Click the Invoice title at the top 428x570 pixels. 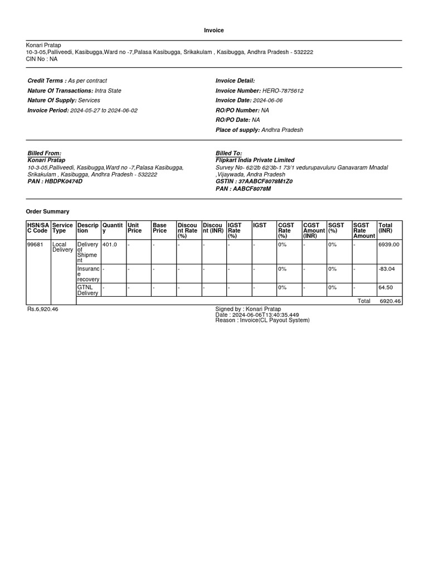(214, 30)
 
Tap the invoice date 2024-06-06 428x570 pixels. (267, 101)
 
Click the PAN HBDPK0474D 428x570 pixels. (55, 181)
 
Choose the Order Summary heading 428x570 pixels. (48, 212)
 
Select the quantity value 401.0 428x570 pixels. (110, 244)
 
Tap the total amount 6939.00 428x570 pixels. (388, 244)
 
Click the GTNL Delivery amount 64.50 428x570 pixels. (385, 287)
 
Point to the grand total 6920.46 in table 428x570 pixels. (390, 301)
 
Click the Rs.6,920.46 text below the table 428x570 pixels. (42, 309)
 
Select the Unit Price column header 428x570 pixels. (134, 228)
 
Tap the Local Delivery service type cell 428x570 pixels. (62, 247)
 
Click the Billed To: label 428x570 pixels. (228, 153)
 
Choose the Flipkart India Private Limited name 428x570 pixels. (255, 160)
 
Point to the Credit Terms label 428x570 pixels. (47, 81)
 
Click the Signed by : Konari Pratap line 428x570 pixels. (248, 309)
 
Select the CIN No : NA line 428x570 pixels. (42, 59)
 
